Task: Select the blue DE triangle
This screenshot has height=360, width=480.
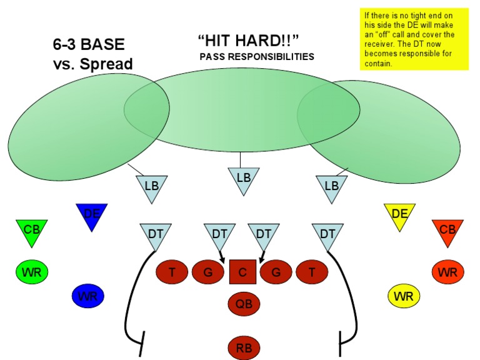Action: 92,215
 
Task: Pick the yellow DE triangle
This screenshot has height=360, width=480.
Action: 399,215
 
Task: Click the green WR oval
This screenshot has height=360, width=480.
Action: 32,272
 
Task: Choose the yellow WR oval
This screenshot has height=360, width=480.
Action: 404,295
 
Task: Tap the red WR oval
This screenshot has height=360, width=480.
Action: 447,272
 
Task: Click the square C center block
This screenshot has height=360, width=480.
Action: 243,272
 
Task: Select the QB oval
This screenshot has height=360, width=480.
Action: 243,304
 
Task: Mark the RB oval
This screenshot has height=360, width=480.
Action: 243,347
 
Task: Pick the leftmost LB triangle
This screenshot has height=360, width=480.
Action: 152,186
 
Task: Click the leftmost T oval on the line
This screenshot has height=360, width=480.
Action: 172,272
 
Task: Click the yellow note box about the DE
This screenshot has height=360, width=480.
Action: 414,39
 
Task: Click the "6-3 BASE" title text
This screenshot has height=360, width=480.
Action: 89,45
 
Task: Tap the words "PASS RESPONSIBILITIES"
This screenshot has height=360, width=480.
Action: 256,57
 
